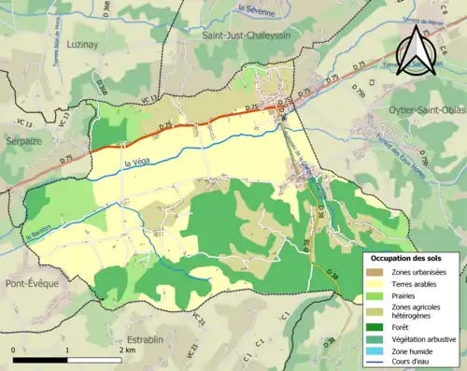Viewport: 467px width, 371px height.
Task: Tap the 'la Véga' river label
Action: [x=137, y=164]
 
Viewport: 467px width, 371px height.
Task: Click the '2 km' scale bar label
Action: [x=129, y=350]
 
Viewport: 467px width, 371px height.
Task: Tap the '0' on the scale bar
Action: [x=14, y=350]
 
